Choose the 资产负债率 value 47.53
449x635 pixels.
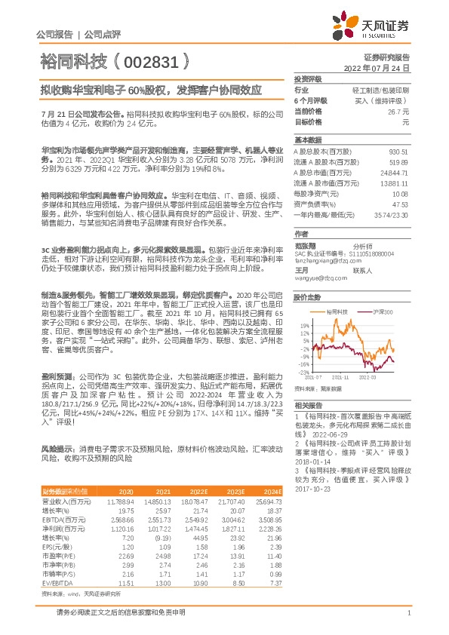pyautogui.click(x=401, y=204)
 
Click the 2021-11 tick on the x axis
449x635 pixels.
pyautogui.click(x=341, y=376)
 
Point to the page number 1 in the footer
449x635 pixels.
pyautogui.click(x=408, y=622)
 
